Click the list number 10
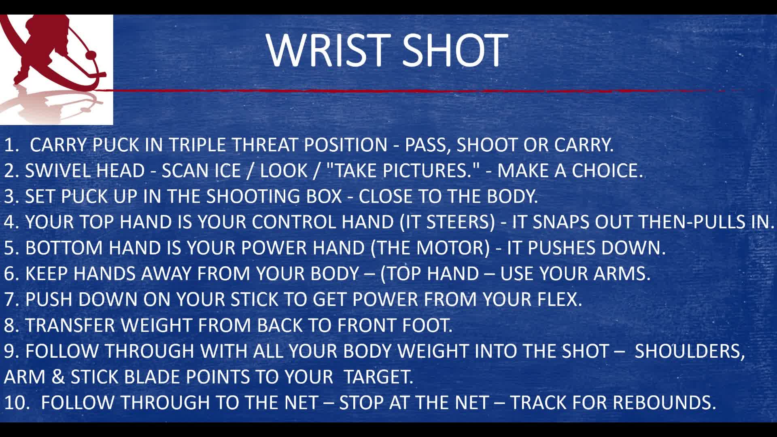coord(15,403)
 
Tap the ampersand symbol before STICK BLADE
coord(58,377)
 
